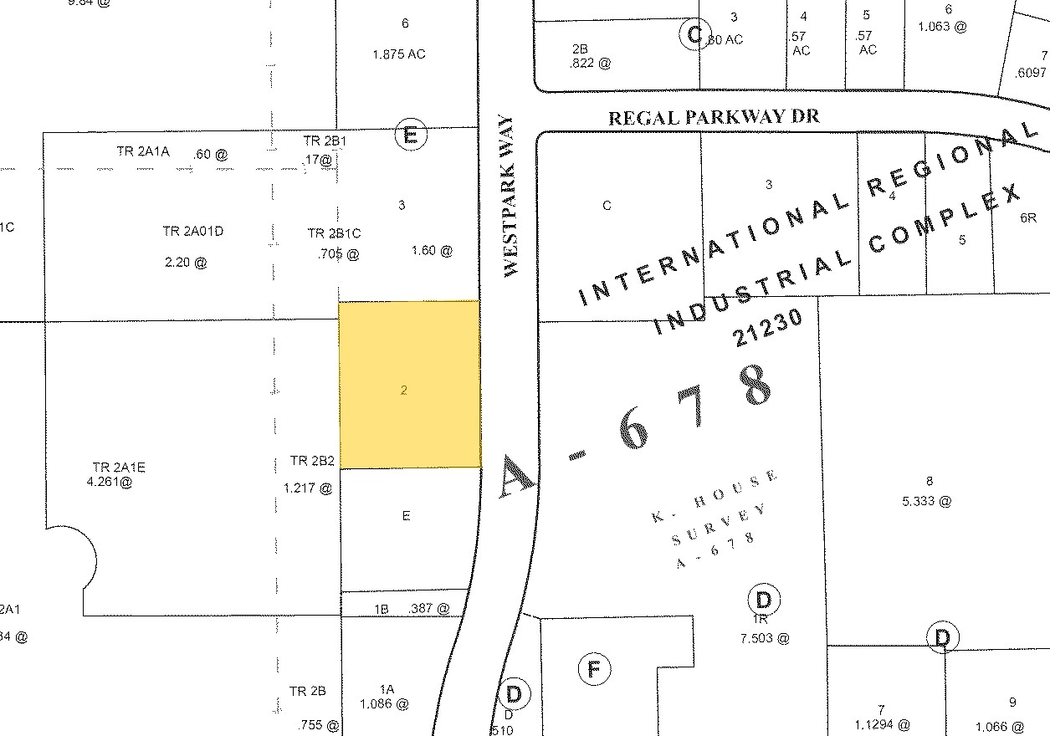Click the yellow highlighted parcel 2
409,385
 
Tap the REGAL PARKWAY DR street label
714,117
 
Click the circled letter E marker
410,135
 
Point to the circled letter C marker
693,34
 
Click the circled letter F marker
594,668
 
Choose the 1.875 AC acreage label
399,54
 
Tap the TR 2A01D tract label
193,232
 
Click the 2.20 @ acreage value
187,262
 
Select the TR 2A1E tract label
119,467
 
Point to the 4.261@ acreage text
109,482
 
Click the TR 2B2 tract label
312,461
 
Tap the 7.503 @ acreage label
765,638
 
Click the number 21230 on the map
768,327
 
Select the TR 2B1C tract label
334,233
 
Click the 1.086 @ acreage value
384,704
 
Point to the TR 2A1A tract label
143,151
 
